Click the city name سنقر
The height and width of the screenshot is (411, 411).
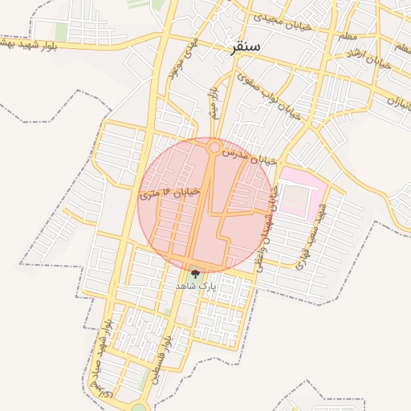(x=244, y=47)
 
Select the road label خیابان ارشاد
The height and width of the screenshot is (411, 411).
(x=368, y=58)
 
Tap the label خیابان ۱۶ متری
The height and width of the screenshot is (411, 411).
(x=169, y=193)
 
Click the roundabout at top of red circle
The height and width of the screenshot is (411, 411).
(x=214, y=147)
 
